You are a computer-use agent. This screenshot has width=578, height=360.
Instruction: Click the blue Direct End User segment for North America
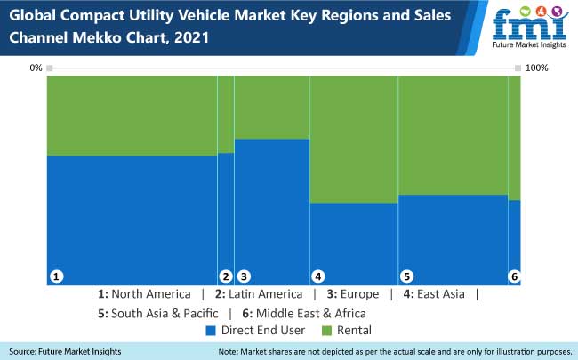[x=132, y=218]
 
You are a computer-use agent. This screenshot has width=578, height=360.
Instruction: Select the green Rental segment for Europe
[x=271, y=107]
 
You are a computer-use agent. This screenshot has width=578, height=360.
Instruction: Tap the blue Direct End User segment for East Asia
[x=353, y=240]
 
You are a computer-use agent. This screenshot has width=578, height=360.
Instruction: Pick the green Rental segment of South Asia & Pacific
[x=452, y=134]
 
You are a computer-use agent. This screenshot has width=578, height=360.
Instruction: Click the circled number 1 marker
[x=56, y=276]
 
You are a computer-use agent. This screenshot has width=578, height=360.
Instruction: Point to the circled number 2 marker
[x=226, y=276]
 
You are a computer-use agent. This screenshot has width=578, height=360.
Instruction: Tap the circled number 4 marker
[x=317, y=276]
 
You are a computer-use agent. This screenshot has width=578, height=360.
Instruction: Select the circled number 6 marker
[x=513, y=276]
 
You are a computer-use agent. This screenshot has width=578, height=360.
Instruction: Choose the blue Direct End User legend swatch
[x=211, y=331]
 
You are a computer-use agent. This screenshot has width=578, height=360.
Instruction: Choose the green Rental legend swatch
[x=325, y=331]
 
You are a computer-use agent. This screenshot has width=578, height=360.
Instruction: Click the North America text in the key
[x=150, y=294]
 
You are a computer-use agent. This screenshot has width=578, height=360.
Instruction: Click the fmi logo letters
[x=531, y=24]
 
